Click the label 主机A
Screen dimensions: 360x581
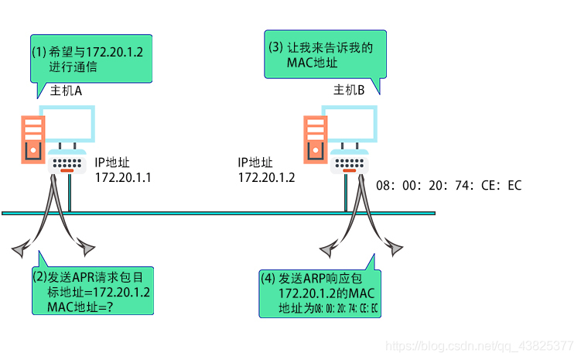point(67,91)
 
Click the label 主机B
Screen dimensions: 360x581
point(349,91)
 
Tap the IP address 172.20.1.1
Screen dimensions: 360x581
point(122,177)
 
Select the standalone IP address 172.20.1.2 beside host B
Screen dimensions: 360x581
point(265,177)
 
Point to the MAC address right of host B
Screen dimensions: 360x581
point(449,186)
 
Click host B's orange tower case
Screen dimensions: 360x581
point(315,139)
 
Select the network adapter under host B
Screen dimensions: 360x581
point(350,162)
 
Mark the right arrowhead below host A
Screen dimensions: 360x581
point(86,249)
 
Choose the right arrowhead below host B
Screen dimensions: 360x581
point(394,249)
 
